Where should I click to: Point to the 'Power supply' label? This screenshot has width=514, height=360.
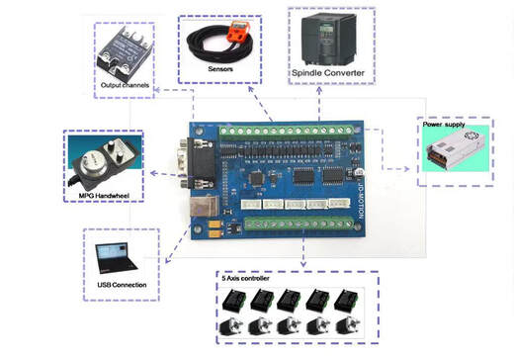[x=445, y=127]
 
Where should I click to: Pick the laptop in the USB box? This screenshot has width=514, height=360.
[x=116, y=257]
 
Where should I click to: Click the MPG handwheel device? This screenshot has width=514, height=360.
[x=100, y=160]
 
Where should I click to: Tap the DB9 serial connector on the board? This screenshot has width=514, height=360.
[x=194, y=157]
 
